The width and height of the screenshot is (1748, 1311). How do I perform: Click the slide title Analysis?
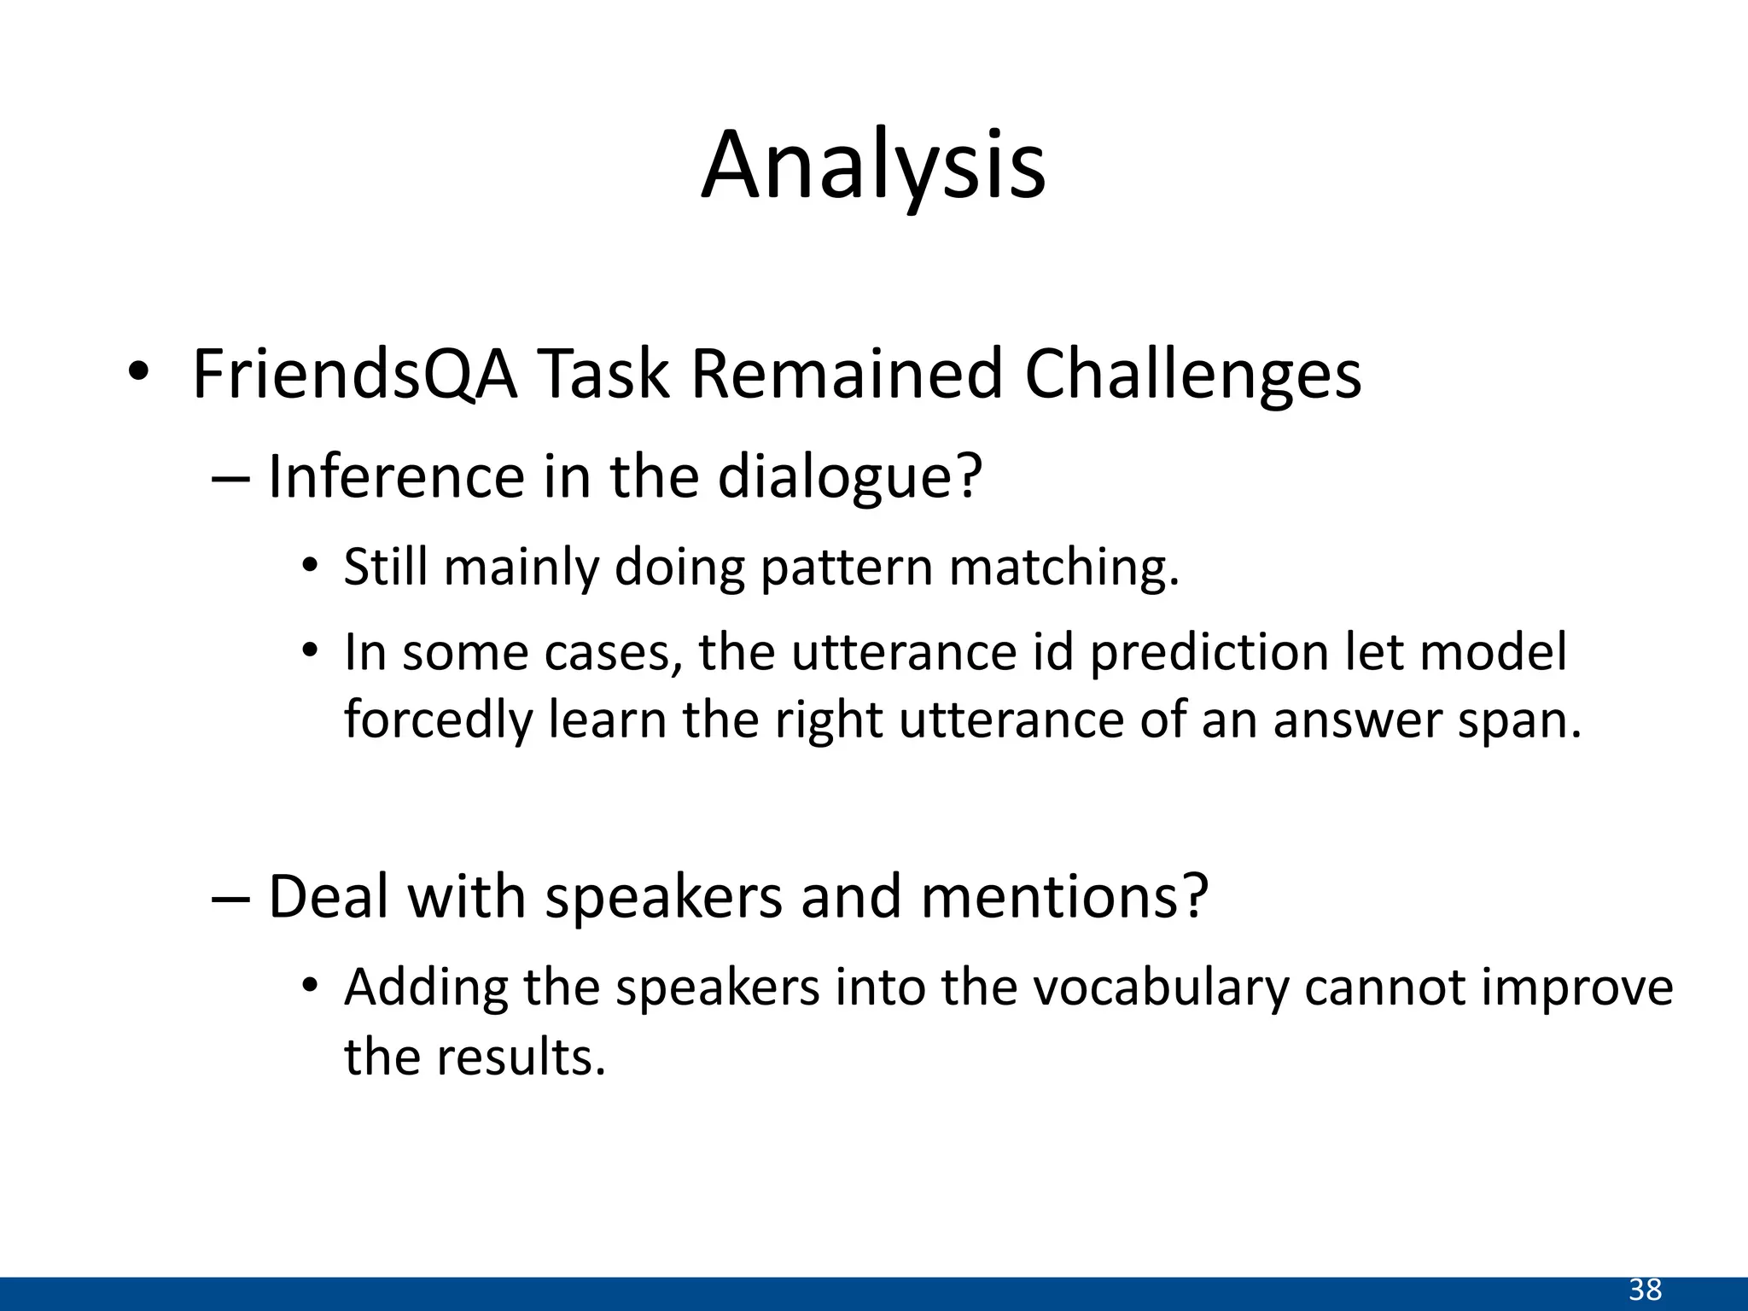click(873, 166)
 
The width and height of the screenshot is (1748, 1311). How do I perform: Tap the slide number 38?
click(1646, 1290)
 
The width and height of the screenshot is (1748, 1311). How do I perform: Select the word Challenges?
click(1192, 376)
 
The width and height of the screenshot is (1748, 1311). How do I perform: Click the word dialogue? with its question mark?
click(850, 478)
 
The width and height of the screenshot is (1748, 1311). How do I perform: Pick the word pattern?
click(847, 568)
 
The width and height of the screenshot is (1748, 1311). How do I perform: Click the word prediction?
click(1209, 653)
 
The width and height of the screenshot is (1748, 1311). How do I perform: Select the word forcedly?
click(437, 720)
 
